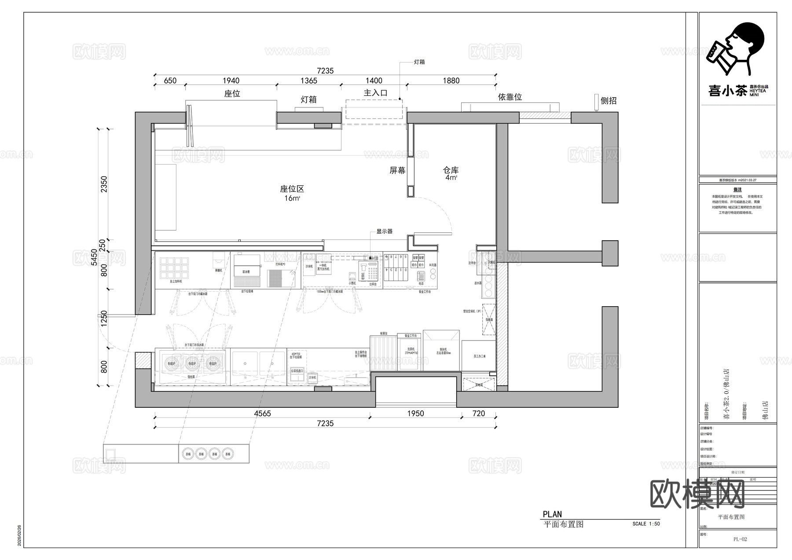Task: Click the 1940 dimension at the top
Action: point(231,81)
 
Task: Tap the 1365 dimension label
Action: point(308,81)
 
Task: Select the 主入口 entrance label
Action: point(375,93)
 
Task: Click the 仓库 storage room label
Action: point(451,170)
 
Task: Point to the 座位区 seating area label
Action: point(292,189)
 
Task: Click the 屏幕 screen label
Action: point(397,170)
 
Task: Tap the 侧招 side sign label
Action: point(609,101)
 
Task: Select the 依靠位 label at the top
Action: point(510,97)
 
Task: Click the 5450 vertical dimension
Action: point(94,257)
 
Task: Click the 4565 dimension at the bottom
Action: point(262,414)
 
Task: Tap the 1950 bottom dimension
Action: point(415,414)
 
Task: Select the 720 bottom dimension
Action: point(478,414)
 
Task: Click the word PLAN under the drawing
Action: point(552,514)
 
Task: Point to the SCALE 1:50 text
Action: point(646,524)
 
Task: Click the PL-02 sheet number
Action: point(740,539)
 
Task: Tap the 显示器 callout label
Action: point(384,231)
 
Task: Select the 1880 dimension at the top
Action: point(451,81)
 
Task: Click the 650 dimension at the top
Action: point(170,81)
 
